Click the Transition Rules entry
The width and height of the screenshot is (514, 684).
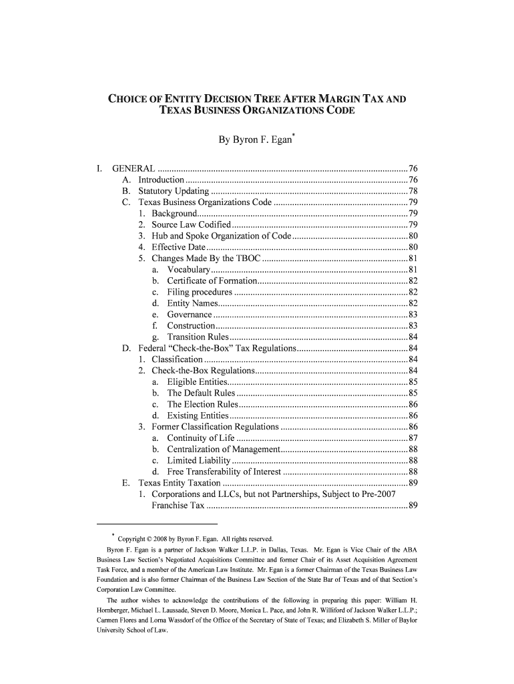click(198, 337)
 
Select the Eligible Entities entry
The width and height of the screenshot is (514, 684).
click(197, 382)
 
